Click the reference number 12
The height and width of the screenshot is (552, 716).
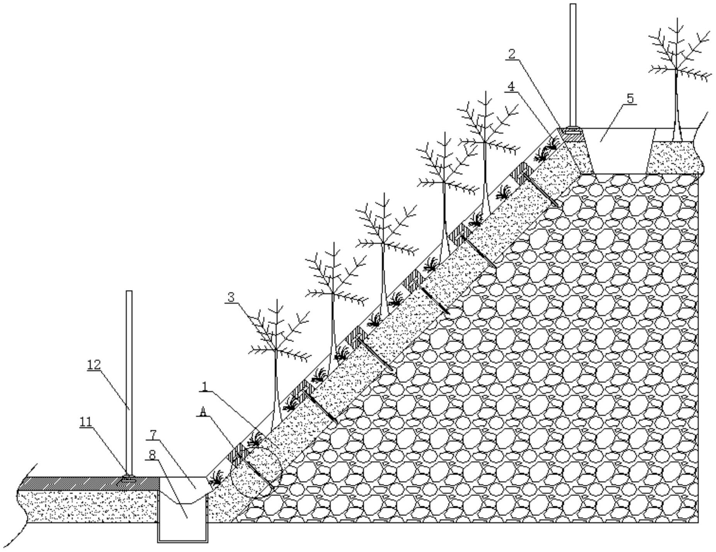[x=94, y=364]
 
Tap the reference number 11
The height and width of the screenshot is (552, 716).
[x=86, y=422]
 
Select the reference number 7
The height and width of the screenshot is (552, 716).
[x=153, y=434]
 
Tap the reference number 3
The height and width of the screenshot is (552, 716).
[x=231, y=297]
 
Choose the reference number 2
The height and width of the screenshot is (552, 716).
[x=512, y=54]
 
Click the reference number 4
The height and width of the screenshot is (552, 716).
[x=511, y=87]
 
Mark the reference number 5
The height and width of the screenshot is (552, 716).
[x=630, y=99]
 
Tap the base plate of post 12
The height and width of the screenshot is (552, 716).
[x=129, y=479]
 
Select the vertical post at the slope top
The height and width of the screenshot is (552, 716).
[x=573, y=66]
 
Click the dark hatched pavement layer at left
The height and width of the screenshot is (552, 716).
[x=88, y=483]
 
